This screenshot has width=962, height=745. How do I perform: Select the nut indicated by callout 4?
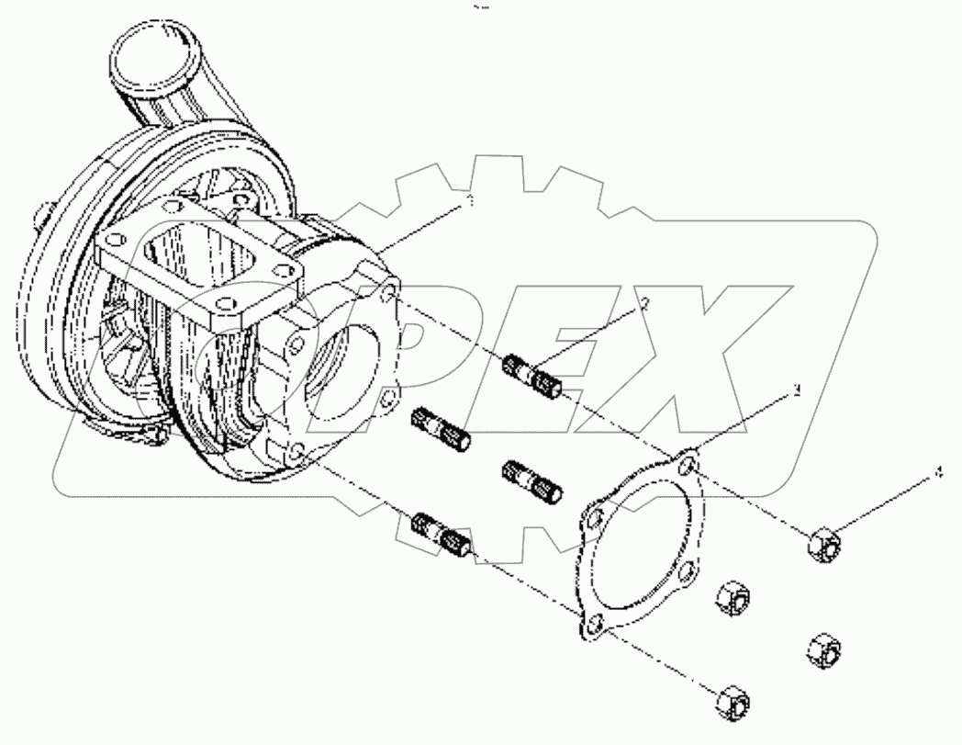click(824, 544)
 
